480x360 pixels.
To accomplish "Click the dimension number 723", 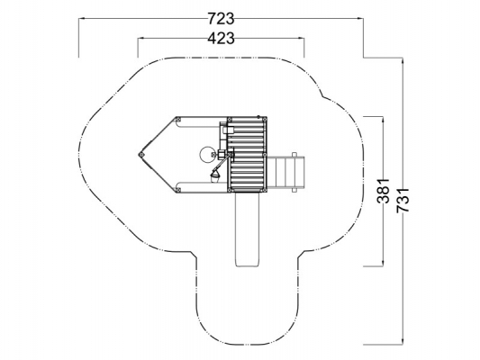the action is pyautogui.click(x=221, y=19).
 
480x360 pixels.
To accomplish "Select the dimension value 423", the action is pyautogui.click(x=221, y=39).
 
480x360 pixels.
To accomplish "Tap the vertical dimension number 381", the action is pyautogui.click(x=384, y=191).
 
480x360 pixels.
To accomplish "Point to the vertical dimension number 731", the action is pyautogui.click(x=403, y=201).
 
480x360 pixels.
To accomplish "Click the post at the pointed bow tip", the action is pyautogui.click(x=141, y=155).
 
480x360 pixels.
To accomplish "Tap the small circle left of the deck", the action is pyautogui.click(x=206, y=155).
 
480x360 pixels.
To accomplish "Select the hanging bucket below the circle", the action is pyautogui.click(x=215, y=176).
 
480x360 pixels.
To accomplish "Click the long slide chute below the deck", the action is pyautogui.click(x=248, y=229).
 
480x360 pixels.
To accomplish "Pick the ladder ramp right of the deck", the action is pyautogui.click(x=285, y=172).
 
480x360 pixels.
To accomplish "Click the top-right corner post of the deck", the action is pyautogui.click(x=265, y=119).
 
